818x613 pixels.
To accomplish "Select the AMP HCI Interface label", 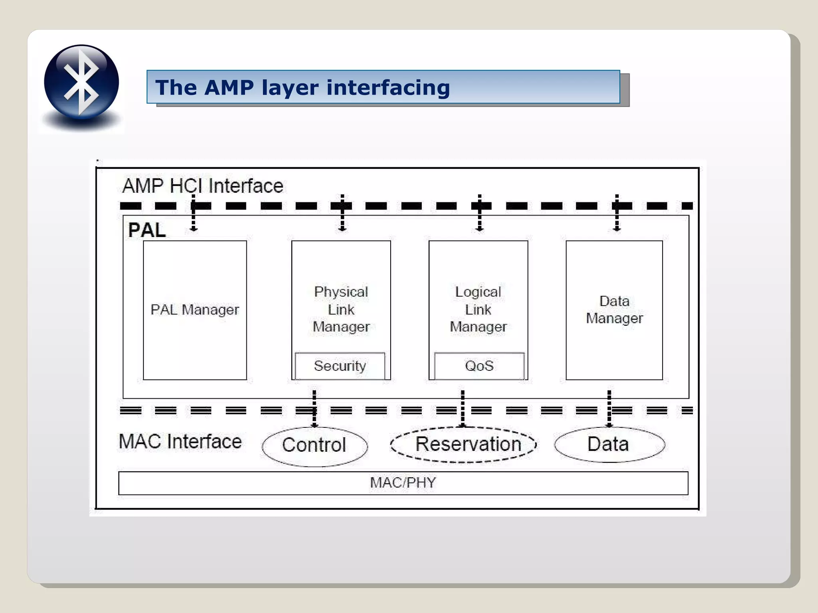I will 203,186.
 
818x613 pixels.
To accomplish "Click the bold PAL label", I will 147,230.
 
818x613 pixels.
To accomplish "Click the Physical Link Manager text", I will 341,309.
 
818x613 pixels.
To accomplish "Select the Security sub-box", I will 340,366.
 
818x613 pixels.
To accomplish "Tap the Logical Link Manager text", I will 478,309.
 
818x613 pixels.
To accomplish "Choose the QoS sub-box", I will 479,366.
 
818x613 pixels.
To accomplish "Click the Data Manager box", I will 614,310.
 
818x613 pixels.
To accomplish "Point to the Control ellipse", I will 315,445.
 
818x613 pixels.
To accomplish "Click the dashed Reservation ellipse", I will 464,445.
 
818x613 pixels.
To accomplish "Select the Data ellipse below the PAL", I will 609,444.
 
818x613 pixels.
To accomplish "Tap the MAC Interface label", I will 180,442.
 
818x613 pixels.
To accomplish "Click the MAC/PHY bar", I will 403,483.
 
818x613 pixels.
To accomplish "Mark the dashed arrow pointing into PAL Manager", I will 194,214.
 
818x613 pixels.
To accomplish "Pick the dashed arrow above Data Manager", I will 617,214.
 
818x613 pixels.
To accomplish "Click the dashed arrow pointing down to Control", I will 314,408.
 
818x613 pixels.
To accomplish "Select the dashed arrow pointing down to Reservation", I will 463,408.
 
